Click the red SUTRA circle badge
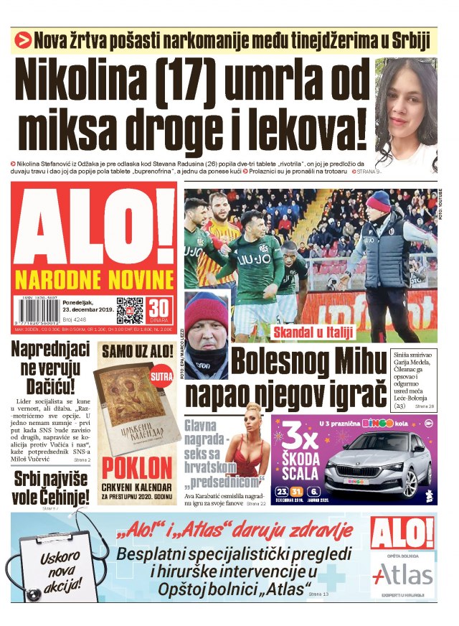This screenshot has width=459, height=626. (x=159, y=375)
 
